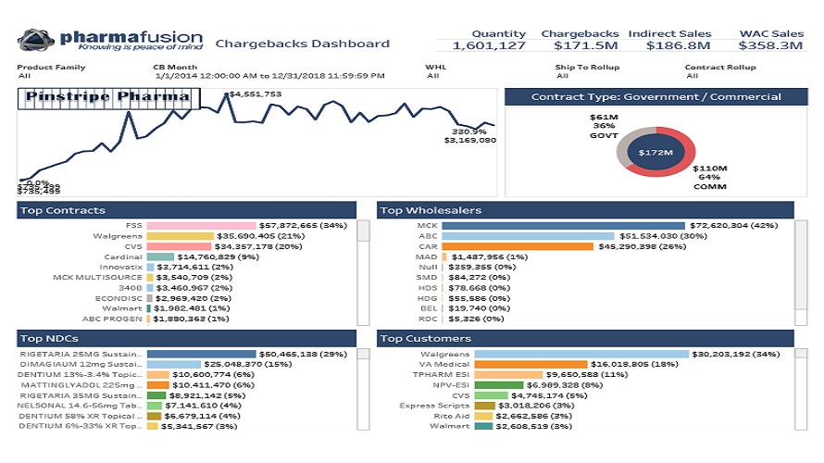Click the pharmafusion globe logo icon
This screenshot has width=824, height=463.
36,40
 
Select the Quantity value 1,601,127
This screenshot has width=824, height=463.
489,45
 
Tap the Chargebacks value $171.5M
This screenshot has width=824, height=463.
580,45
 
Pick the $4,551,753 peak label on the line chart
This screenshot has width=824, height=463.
256,94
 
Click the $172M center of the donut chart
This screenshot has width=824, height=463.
655,151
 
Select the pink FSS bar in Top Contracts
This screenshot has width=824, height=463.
202,225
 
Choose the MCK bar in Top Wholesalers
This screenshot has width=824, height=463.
563,225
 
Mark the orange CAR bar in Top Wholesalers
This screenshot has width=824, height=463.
517,248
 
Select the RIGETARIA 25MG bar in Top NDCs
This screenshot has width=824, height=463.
201,354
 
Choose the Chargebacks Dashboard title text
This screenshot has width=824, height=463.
302,44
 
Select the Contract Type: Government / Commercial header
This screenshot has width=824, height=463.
655,96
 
